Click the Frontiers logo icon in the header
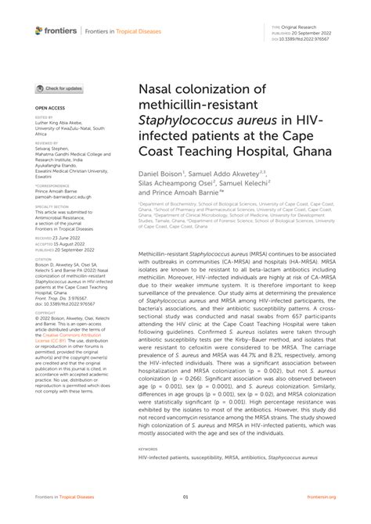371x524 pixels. tap(39, 30)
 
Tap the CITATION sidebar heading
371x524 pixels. tap(43, 259)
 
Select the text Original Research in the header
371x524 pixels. tap(301, 26)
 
